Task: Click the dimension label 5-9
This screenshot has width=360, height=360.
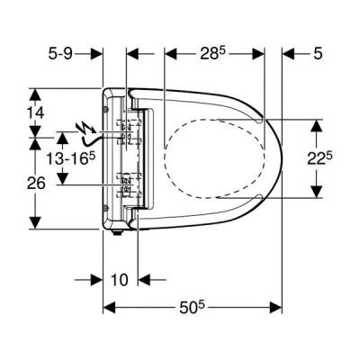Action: [x=60, y=54]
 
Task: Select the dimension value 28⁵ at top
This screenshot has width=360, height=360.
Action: [x=212, y=54]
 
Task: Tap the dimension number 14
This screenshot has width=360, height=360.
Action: [x=36, y=113]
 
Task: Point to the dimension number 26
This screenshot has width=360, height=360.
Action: [x=36, y=183]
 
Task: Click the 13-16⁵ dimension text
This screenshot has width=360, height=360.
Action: [x=70, y=158]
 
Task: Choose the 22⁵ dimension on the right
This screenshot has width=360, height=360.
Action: [x=319, y=159]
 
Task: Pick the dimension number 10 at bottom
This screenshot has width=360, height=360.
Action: [x=120, y=280]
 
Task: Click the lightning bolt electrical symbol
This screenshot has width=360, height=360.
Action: [x=86, y=128]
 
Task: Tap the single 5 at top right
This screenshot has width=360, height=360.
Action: [x=318, y=54]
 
